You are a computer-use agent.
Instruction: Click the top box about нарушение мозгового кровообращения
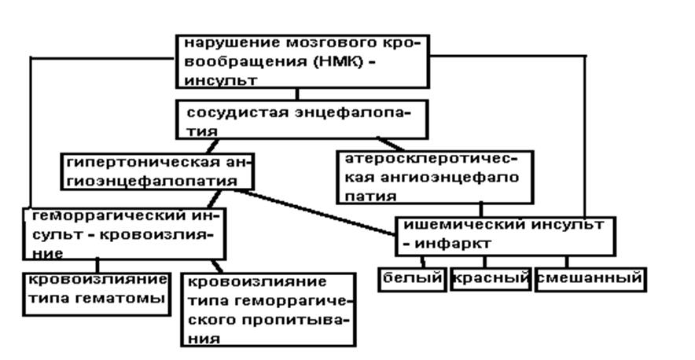click(302, 61)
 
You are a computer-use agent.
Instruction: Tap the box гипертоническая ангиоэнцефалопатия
click(157, 171)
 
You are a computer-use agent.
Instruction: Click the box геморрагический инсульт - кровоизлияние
click(123, 233)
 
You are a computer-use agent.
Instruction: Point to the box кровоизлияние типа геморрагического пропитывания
click(268, 309)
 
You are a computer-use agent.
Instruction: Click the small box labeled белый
click(413, 279)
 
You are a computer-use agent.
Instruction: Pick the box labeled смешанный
click(590, 279)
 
